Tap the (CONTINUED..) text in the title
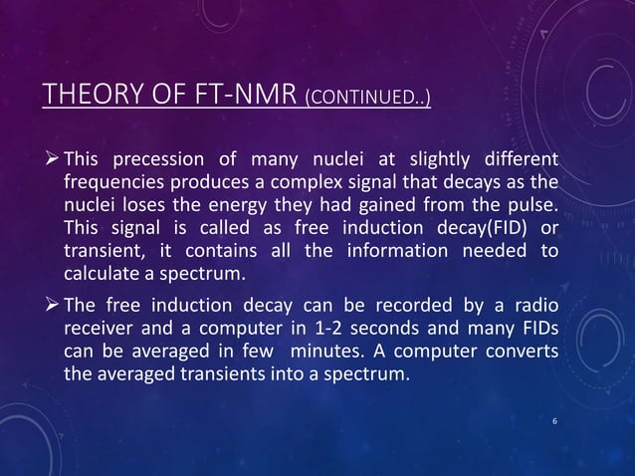tap(367, 98)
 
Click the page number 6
tap(555, 423)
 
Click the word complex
tap(299, 184)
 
